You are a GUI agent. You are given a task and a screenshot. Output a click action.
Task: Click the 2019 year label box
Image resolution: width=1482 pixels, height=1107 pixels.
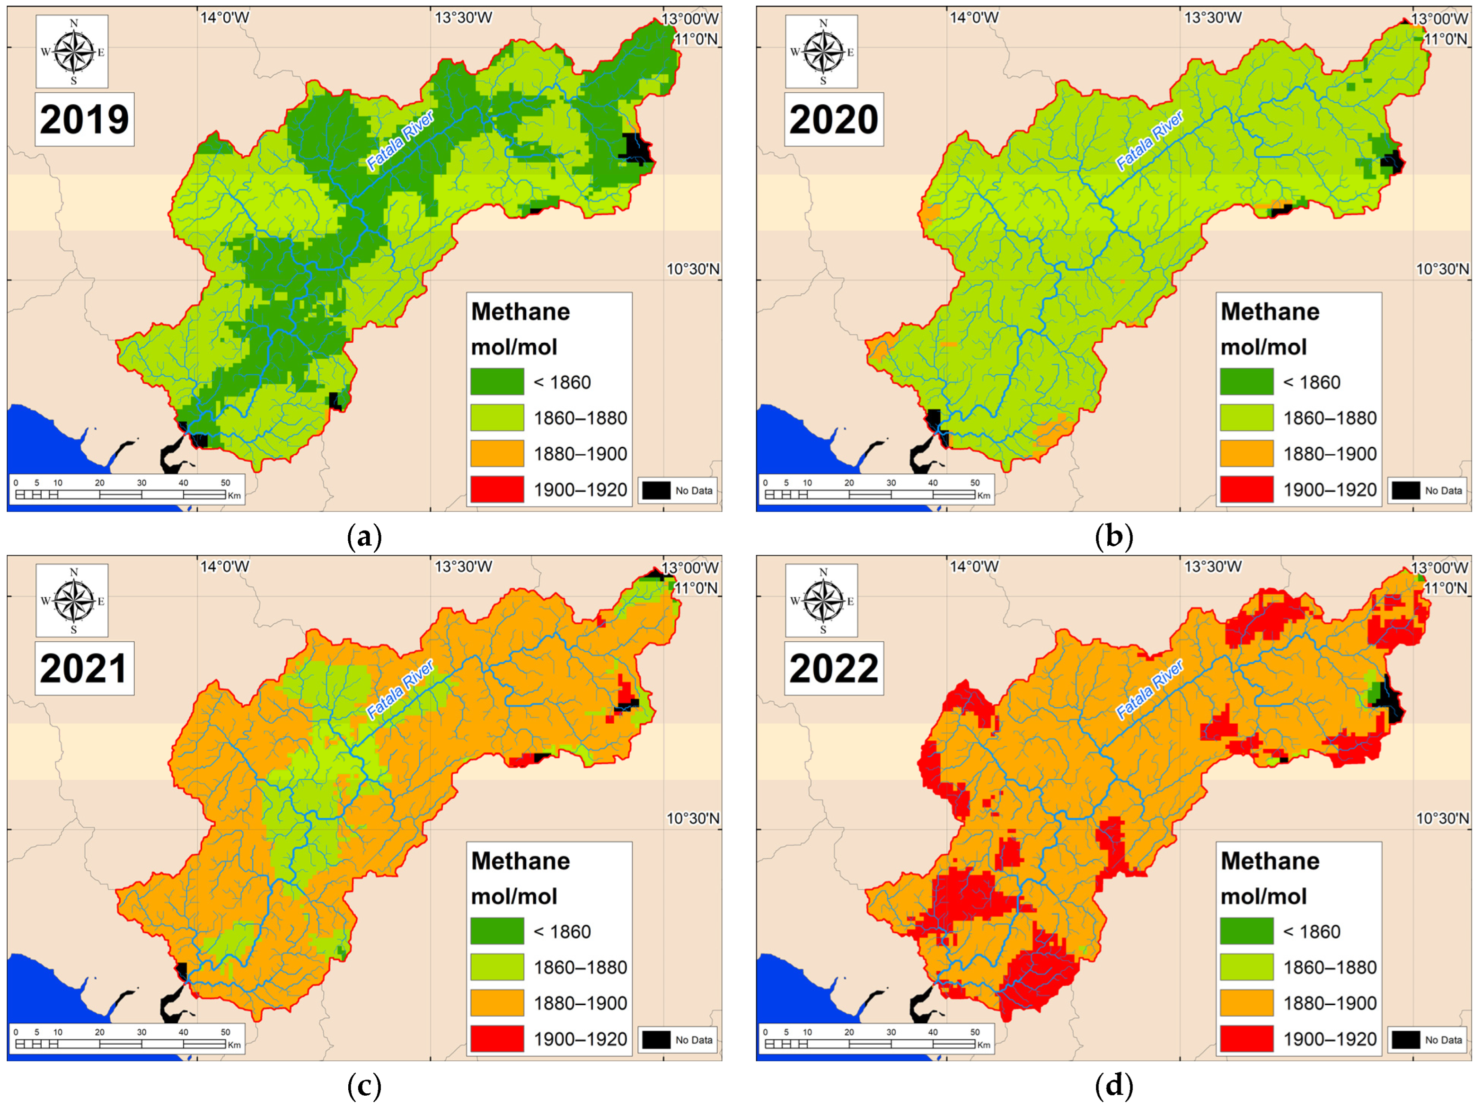coord(84,119)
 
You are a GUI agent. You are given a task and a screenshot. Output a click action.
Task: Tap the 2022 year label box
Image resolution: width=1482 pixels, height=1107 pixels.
coord(833,668)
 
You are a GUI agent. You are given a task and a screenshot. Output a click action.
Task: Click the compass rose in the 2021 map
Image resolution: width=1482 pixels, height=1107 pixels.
coord(73,601)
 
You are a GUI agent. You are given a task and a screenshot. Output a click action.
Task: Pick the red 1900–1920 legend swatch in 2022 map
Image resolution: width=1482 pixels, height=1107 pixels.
coord(1246,1039)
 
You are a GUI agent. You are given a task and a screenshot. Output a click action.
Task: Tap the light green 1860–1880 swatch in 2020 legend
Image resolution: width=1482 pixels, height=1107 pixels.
coord(1246,417)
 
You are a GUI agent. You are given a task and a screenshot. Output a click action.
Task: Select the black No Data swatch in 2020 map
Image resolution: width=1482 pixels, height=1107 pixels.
coord(1405,490)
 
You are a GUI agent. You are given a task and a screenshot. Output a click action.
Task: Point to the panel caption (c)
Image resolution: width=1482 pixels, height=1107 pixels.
coord(364,1086)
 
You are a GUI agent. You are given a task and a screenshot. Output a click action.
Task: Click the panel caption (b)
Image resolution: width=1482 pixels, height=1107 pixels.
coord(1113,537)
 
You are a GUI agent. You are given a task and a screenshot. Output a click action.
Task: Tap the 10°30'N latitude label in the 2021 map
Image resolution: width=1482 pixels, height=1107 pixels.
coord(693,818)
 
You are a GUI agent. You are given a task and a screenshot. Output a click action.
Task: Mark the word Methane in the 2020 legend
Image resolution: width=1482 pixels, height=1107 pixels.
coord(1270,311)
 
